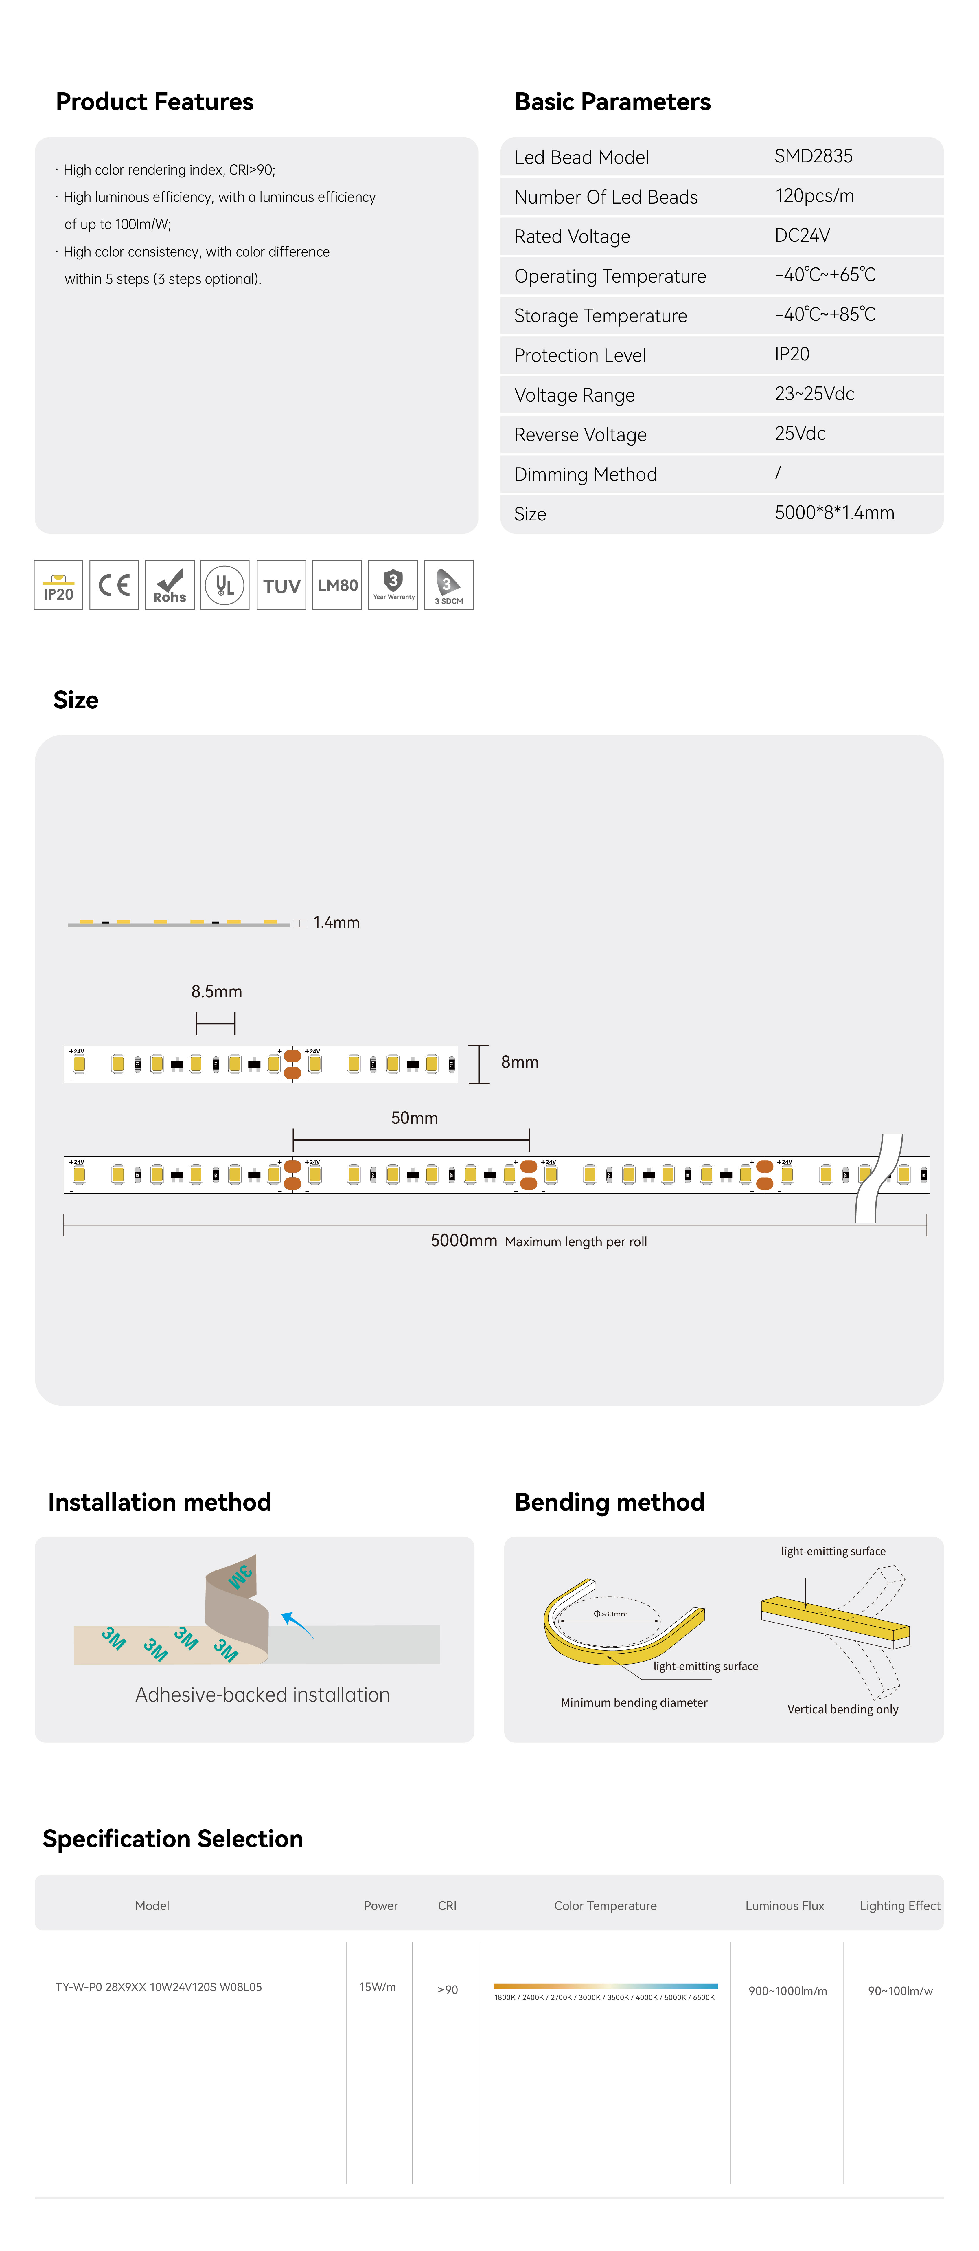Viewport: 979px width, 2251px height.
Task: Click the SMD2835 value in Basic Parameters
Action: (x=813, y=156)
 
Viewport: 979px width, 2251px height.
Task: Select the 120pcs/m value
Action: (x=814, y=196)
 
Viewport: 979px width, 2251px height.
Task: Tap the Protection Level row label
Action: (x=580, y=356)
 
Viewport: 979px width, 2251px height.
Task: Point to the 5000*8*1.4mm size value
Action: (x=834, y=513)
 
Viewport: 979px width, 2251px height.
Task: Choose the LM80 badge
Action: (x=337, y=584)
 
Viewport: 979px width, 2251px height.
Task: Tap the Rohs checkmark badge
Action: (x=170, y=584)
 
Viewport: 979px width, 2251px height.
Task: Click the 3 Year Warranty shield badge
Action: (x=393, y=584)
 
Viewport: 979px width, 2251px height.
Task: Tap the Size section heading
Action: (x=76, y=700)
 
